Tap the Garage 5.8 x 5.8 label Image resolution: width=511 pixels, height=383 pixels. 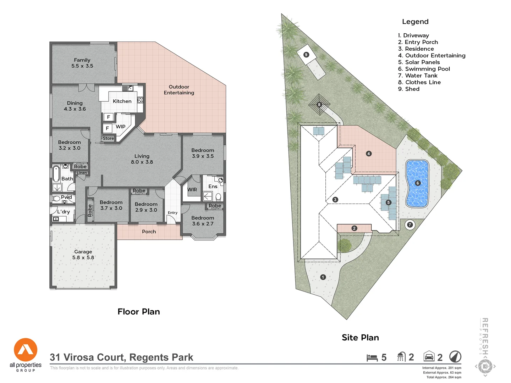point(83,255)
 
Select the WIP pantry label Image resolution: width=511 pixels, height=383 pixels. point(121,127)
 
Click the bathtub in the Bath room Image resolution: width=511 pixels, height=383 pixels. point(56,173)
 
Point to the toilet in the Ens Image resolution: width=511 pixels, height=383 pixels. point(218,196)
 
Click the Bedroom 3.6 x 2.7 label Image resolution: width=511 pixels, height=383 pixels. point(203,221)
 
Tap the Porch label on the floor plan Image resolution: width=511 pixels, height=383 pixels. point(149,232)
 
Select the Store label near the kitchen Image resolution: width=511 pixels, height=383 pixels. point(108,138)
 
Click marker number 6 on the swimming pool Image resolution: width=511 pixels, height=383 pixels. point(418,183)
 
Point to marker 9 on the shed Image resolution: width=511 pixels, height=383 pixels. point(306,55)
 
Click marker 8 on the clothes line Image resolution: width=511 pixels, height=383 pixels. point(319,105)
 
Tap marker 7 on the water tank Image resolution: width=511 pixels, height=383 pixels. point(410,225)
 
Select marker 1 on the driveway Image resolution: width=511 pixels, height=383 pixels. point(323,277)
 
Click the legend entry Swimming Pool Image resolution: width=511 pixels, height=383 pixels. point(424,69)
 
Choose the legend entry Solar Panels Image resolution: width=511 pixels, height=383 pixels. point(419,62)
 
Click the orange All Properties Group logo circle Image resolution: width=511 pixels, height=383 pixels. point(26,350)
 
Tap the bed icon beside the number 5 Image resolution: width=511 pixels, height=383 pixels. point(372,357)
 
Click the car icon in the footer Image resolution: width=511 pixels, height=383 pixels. point(429,356)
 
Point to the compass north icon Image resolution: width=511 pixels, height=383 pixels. point(455,356)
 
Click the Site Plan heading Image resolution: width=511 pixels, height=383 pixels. point(360,338)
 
